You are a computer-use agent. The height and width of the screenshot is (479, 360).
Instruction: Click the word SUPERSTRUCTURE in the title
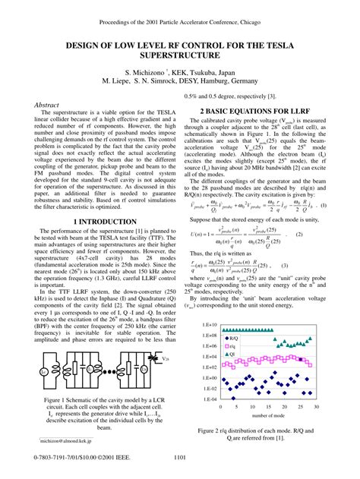pyautogui.click(x=179, y=56)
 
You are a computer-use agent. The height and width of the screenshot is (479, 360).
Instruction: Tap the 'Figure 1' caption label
pyautogui.click(x=59, y=399)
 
